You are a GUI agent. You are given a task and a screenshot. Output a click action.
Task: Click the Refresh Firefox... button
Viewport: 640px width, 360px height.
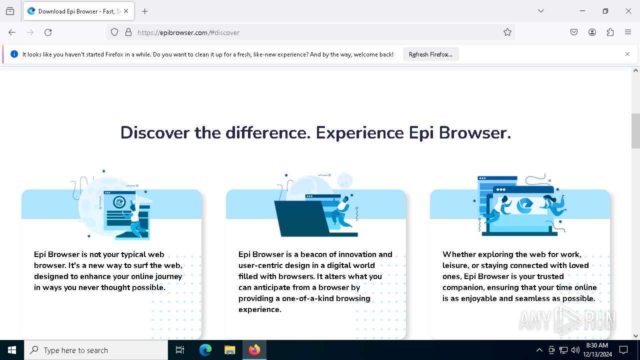(430, 54)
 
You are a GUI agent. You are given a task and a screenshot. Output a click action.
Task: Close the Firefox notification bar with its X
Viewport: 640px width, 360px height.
(627, 54)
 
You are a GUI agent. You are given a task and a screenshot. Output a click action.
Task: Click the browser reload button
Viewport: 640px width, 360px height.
(48, 32)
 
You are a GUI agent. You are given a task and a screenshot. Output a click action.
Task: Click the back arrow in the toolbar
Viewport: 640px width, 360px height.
(12, 32)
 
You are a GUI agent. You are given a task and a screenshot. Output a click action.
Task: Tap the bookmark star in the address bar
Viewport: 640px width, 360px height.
(507, 32)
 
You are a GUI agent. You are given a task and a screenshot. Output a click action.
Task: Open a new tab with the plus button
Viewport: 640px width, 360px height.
(145, 11)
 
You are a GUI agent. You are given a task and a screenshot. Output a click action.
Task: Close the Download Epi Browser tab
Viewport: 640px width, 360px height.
(126, 11)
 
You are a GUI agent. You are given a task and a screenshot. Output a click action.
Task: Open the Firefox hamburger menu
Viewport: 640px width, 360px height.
(628, 32)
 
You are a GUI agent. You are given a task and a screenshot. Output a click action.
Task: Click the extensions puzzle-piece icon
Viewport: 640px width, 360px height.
(610, 32)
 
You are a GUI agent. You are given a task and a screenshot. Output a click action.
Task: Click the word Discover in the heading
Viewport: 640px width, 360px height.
(155, 133)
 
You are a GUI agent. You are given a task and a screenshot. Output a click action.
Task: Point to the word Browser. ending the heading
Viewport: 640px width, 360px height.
(484, 133)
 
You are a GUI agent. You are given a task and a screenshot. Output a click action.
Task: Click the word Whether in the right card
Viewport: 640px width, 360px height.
(459, 254)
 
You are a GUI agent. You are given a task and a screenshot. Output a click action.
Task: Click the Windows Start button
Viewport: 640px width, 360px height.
(12, 350)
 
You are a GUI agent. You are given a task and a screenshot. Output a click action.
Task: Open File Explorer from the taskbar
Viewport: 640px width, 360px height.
(229, 350)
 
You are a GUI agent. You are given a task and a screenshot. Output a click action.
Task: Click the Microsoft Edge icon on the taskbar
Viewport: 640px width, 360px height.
(205, 350)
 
